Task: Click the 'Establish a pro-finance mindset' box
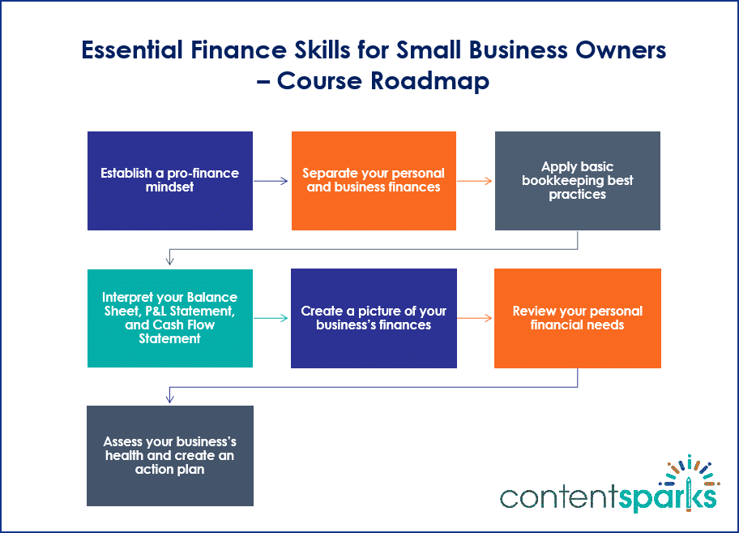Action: click(170, 181)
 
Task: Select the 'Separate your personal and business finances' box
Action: click(374, 181)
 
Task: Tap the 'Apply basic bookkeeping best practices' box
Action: click(577, 181)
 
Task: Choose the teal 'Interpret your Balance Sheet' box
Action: click(170, 318)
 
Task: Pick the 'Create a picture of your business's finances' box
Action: click(374, 318)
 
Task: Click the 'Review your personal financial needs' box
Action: click(577, 318)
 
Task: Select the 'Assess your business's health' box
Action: click(170, 456)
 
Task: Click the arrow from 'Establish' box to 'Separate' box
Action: click(271, 181)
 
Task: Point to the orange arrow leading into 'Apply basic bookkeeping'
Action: click(475, 181)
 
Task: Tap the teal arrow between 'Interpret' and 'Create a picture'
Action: click(271, 318)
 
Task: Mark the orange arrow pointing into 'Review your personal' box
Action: click(475, 318)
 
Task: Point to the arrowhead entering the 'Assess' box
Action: click(170, 398)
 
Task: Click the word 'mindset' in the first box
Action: click(170, 187)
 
